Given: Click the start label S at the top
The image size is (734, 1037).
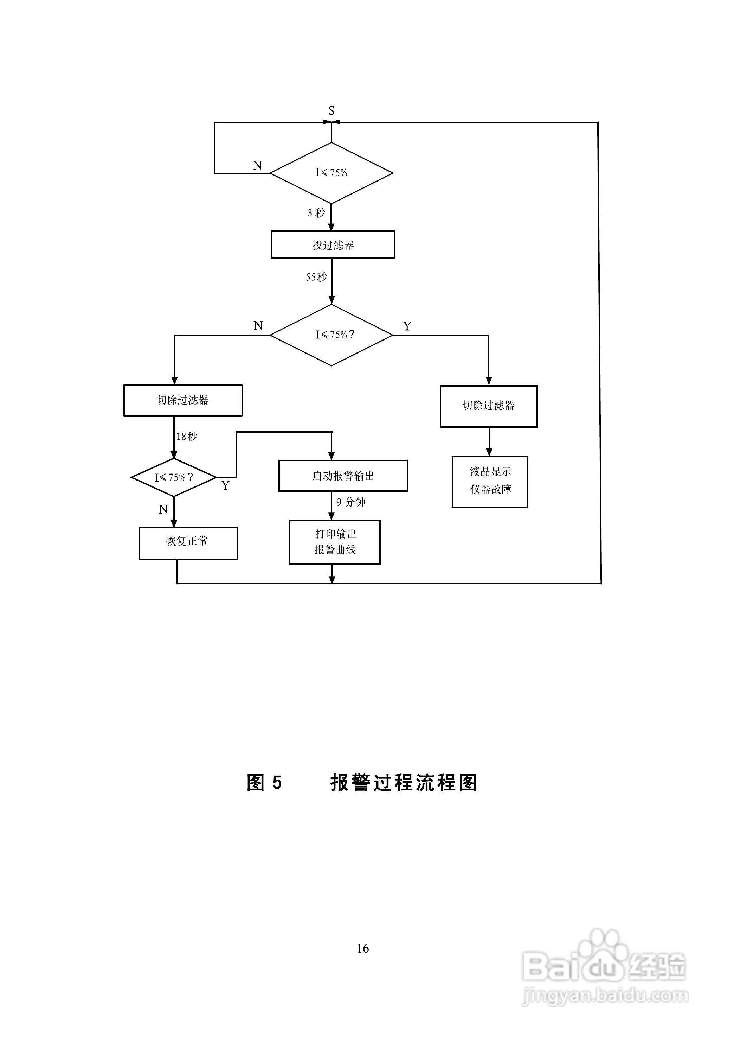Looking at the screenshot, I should (331, 111).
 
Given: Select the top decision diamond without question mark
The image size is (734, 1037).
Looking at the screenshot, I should (331, 173).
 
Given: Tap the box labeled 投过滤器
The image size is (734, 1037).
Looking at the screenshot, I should (333, 245).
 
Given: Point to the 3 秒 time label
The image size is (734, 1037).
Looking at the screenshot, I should (316, 212).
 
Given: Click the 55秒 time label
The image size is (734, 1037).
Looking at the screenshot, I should (316, 277).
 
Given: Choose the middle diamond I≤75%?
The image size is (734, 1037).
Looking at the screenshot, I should (331, 335).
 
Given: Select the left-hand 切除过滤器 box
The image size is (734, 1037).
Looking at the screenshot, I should (183, 400).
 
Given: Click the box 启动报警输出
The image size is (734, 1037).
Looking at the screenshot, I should (343, 476).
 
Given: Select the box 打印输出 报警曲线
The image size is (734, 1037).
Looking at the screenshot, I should (334, 542).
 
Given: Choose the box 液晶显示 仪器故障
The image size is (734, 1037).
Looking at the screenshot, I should (490, 481).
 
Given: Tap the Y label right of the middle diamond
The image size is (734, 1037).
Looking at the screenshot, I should (407, 326).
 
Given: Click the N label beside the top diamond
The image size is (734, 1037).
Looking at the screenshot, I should (258, 166).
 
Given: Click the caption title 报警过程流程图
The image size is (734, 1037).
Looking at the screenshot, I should (404, 795).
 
